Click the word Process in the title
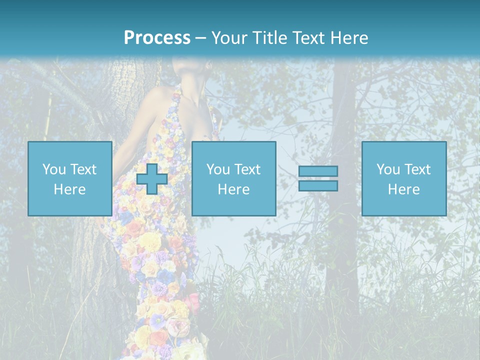pos(157,38)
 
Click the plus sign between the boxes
pos(152,179)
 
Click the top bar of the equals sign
pos(318,171)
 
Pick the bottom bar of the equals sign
pos(318,186)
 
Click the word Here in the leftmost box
pos(69,189)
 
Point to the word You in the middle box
pos(218,169)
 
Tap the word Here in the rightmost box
pos(403,189)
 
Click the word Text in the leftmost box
pos(83,169)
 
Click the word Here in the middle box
pos(233,189)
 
